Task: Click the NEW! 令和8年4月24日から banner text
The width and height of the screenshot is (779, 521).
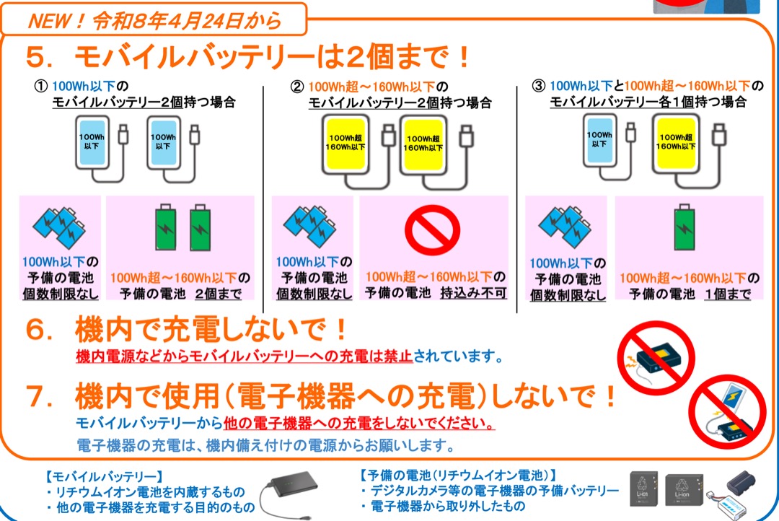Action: pos(154,21)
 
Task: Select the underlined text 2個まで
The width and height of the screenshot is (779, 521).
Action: pos(218,294)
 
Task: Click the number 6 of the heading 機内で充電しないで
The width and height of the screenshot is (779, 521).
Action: pos(35,330)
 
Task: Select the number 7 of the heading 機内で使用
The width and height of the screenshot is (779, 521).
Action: pos(35,396)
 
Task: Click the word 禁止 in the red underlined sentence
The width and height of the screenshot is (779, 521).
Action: pos(397,356)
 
